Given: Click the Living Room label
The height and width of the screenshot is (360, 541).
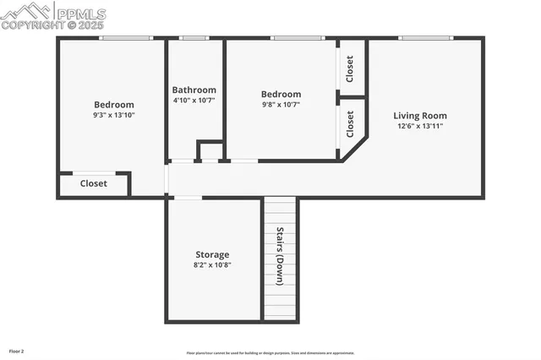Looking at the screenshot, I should (x=420, y=116).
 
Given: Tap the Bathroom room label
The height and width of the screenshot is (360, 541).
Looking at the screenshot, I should (x=194, y=90).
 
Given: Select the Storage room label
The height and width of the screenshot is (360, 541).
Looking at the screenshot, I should (x=212, y=254).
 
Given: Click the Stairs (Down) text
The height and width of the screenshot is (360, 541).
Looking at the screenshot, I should (x=279, y=257).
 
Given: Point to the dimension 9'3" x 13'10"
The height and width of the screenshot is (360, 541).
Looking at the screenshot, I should (x=113, y=115).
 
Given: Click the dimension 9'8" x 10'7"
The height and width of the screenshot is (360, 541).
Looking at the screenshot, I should (x=280, y=104).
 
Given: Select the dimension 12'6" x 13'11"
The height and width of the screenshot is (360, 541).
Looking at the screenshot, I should (x=420, y=126).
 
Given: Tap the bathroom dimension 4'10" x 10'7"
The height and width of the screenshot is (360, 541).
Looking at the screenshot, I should (x=194, y=100).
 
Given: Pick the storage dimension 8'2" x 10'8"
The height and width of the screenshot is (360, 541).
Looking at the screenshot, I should (x=212, y=265).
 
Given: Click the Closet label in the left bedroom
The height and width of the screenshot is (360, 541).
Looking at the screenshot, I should (x=94, y=183).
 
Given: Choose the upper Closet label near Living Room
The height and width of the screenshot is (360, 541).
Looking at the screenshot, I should (x=350, y=68).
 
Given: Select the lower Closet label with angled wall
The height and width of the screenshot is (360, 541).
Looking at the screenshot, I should (x=350, y=124).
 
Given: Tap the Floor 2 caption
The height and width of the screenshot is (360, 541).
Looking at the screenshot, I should (x=17, y=350).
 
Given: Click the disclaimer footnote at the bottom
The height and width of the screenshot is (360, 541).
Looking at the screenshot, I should (x=270, y=353).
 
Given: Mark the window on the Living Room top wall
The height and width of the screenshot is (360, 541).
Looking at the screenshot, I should (x=425, y=38).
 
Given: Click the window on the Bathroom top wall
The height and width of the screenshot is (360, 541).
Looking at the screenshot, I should (x=194, y=38).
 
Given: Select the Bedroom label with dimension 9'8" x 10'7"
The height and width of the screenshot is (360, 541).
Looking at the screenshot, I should (x=281, y=94).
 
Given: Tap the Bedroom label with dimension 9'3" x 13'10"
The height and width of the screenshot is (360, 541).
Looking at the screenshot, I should (x=113, y=105).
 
